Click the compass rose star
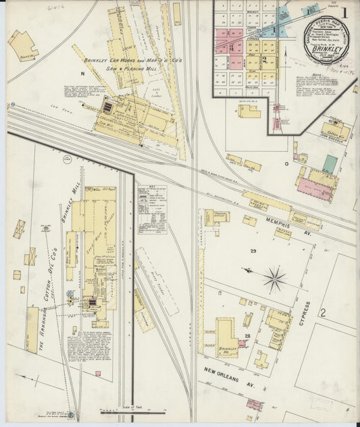pyautogui.click(x=274, y=278)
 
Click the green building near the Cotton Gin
pyautogui.click(x=330, y=164)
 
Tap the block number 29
pyautogui.click(x=253, y=251)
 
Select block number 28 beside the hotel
pyautogui.click(x=247, y=336)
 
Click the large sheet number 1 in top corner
pyautogui.click(x=344, y=13)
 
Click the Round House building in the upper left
pyautogui.click(x=22, y=45)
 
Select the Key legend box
pyautogui.click(x=152, y=201)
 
